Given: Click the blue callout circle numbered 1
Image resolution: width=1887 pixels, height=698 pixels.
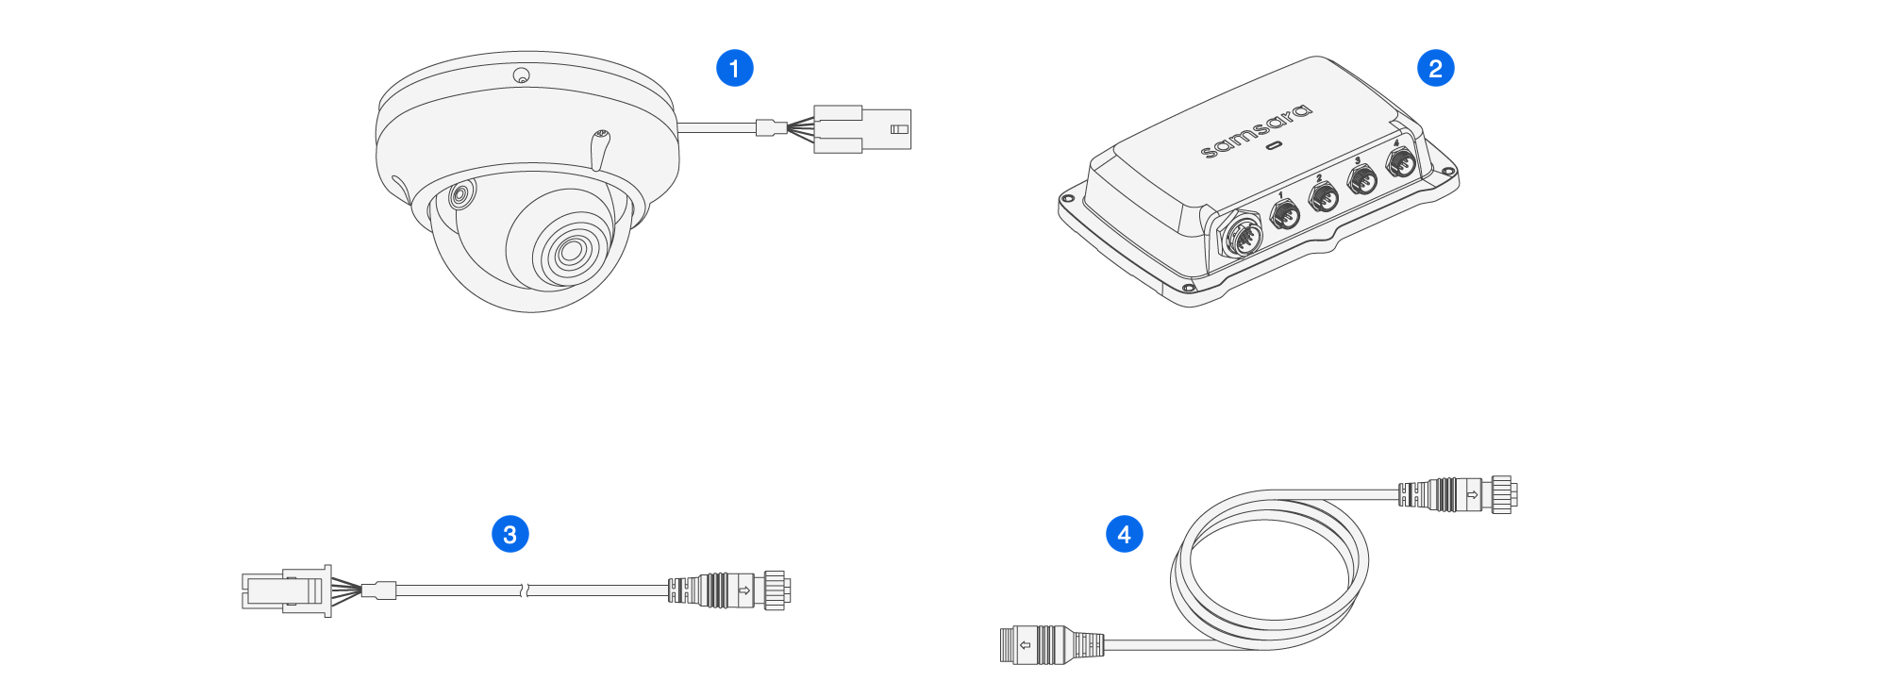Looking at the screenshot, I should point(734,68).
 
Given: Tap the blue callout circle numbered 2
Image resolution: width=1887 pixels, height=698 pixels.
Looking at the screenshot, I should point(1435,68).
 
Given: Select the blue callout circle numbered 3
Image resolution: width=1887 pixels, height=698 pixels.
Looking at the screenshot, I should point(509,534).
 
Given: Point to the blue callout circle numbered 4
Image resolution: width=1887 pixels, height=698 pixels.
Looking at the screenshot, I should point(1124,534).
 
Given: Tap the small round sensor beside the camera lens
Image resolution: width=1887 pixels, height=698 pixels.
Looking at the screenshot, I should point(460,196).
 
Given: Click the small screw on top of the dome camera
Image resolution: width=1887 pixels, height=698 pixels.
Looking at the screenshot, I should point(521,75).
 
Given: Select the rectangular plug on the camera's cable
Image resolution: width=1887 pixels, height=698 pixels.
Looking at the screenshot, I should point(862,128).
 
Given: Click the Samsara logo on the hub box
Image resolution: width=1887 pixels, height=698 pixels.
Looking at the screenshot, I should point(1256,130).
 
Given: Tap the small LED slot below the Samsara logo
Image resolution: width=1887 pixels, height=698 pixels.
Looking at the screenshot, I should point(1274,146).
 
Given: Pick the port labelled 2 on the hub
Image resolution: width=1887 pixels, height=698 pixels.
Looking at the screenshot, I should point(1324,198).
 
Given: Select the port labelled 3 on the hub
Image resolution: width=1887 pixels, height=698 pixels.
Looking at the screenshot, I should point(1361,179).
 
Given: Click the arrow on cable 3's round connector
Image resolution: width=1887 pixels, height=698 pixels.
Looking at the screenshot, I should point(743,590).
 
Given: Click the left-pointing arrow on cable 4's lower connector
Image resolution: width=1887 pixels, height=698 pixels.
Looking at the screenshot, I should point(1025,645).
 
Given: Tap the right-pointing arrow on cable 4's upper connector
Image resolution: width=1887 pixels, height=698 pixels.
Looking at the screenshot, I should point(1472,494).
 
